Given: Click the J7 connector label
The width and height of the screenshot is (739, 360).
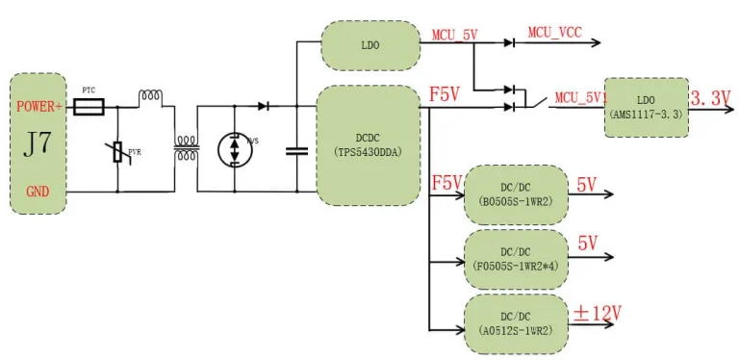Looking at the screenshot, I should [37, 147].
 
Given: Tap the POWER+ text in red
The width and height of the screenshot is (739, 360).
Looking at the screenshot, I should [38, 107].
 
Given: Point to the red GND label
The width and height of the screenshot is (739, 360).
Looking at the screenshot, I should [37, 193].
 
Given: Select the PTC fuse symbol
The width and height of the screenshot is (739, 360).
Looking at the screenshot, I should [89, 111].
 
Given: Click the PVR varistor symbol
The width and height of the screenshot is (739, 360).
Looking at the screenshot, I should [118, 151].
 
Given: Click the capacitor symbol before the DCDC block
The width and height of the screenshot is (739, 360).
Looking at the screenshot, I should [296, 150].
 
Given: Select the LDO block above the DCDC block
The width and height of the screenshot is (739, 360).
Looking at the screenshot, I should [369, 43].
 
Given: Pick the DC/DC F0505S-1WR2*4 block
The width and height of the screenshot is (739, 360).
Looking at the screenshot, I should [516, 255].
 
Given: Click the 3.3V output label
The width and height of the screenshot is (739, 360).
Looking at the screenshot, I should [711, 98].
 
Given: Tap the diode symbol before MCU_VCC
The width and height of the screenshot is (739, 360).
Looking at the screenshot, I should [510, 43].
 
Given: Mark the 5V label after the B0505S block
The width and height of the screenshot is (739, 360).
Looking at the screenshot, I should [587, 182].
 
